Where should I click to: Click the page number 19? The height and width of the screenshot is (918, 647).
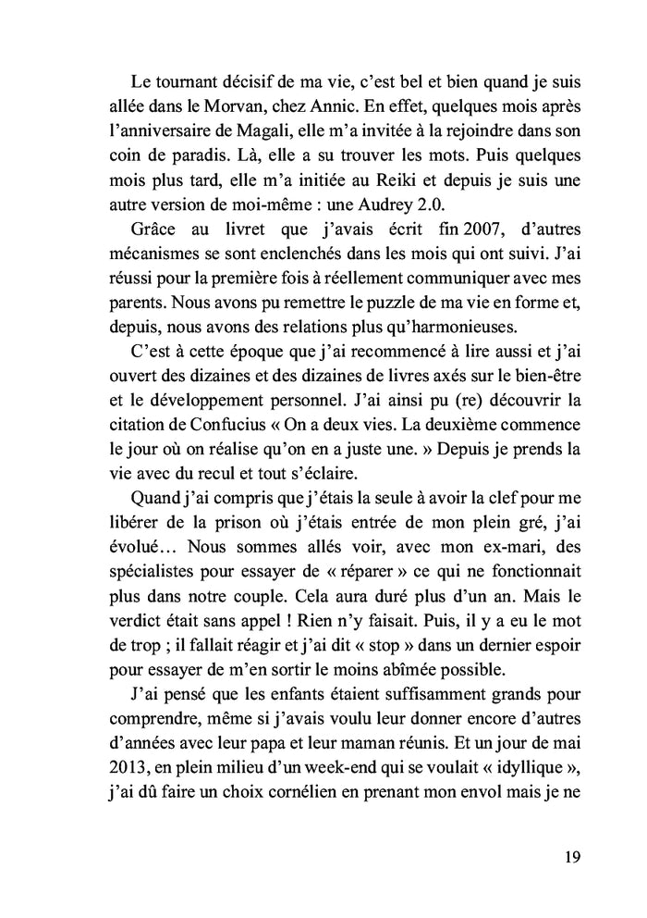(570, 856)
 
